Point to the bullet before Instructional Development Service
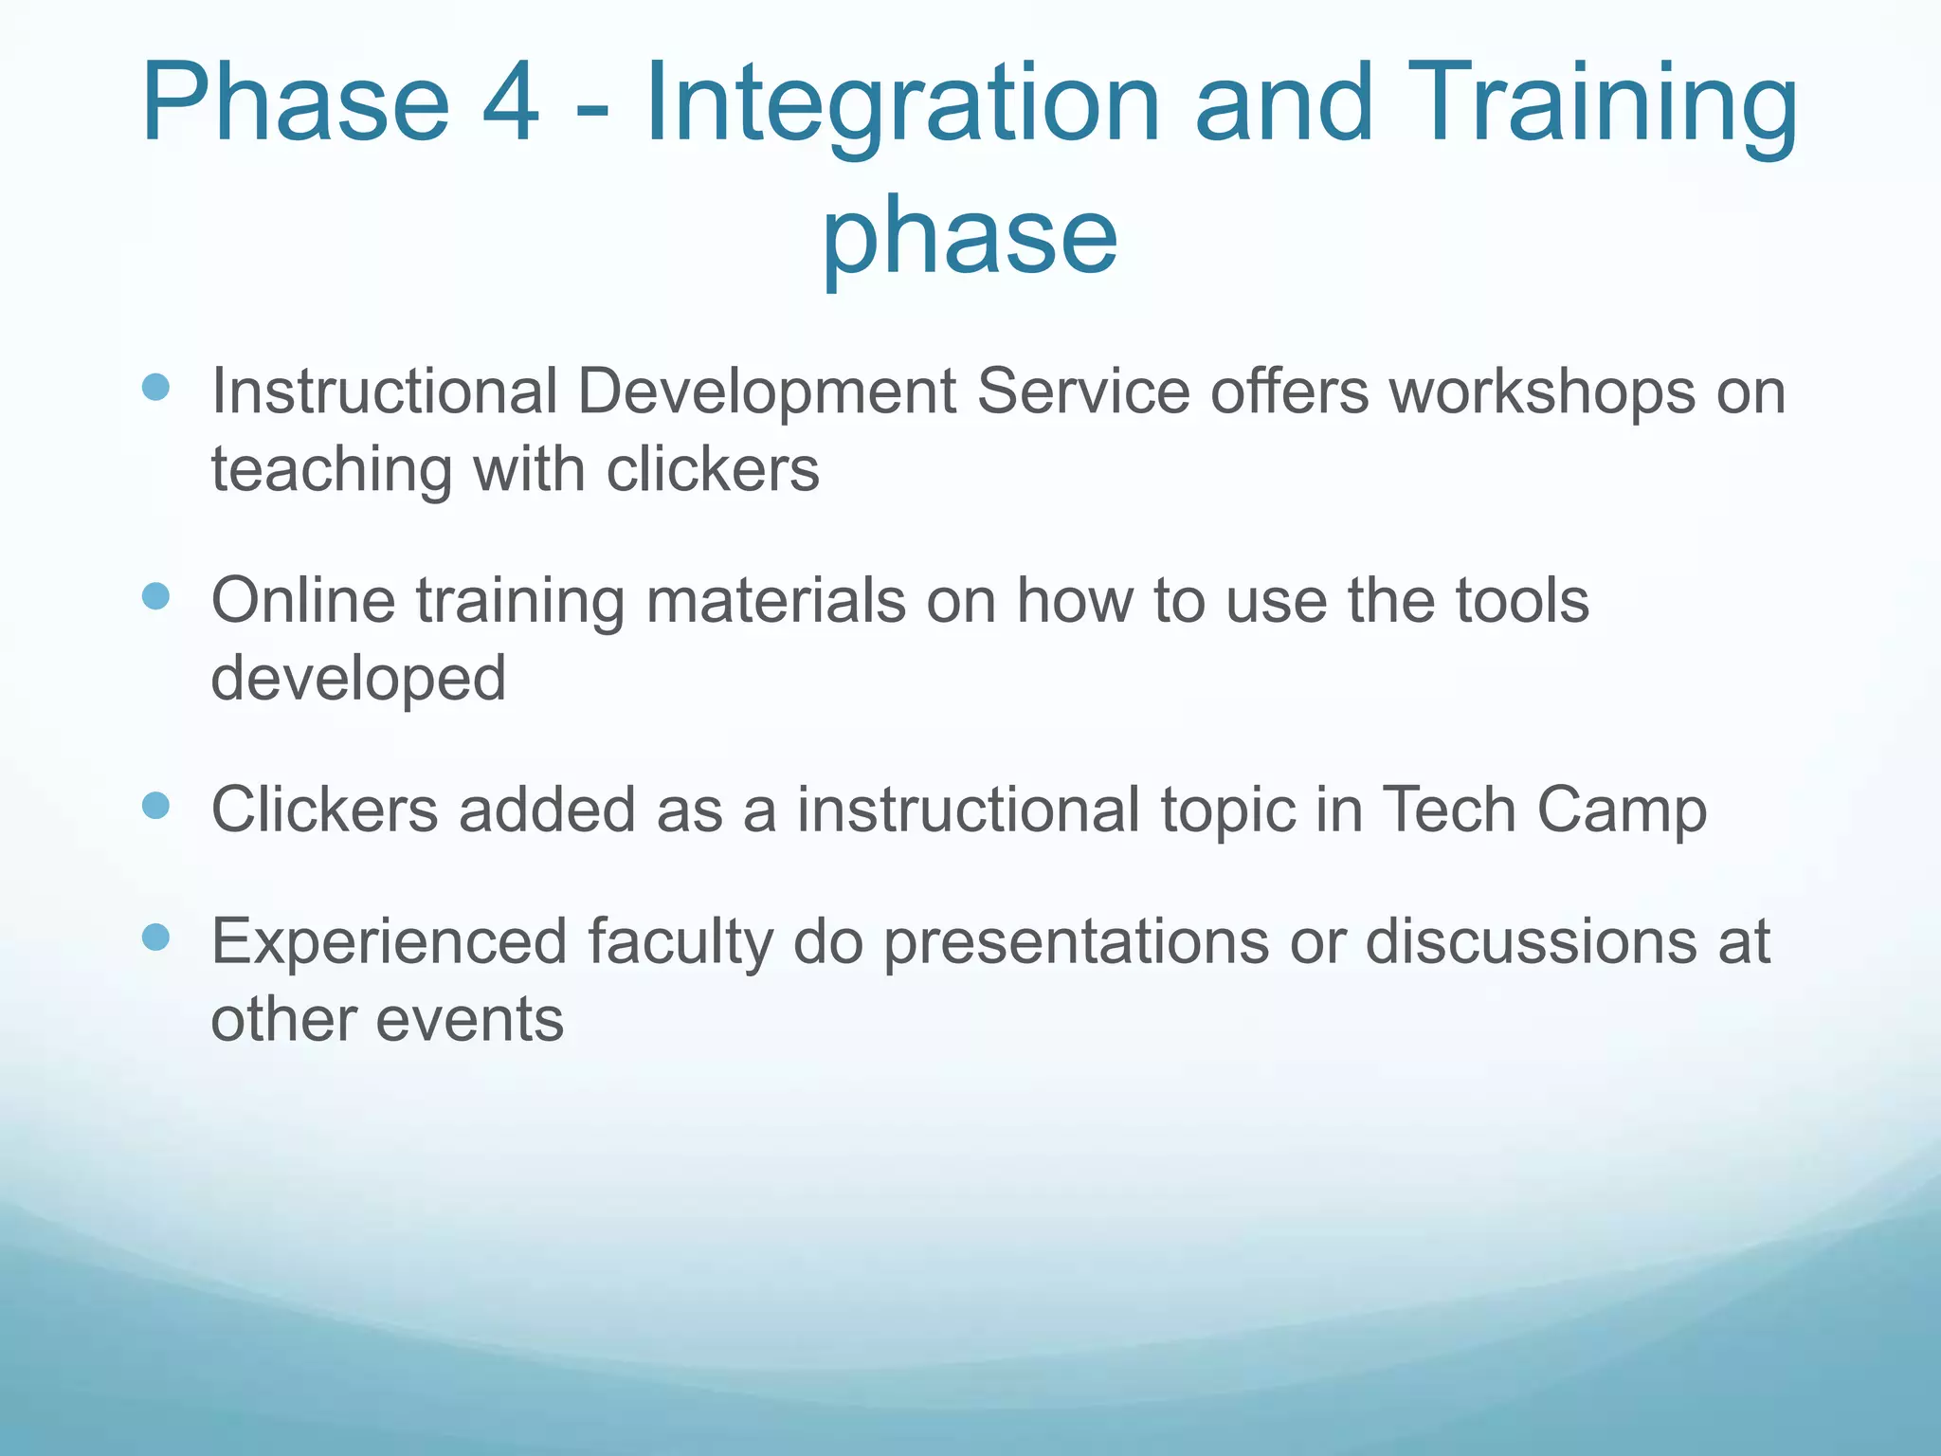[155, 387]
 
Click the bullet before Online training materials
[155, 596]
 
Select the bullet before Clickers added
[155, 806]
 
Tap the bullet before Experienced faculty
[155, 937]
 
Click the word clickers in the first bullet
[713, 469]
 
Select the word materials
[775, 601]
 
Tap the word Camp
[1622, 811]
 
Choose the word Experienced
[389, 942]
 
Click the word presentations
[1076, 942]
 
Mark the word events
[470, 1020]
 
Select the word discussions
[1531, 942]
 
